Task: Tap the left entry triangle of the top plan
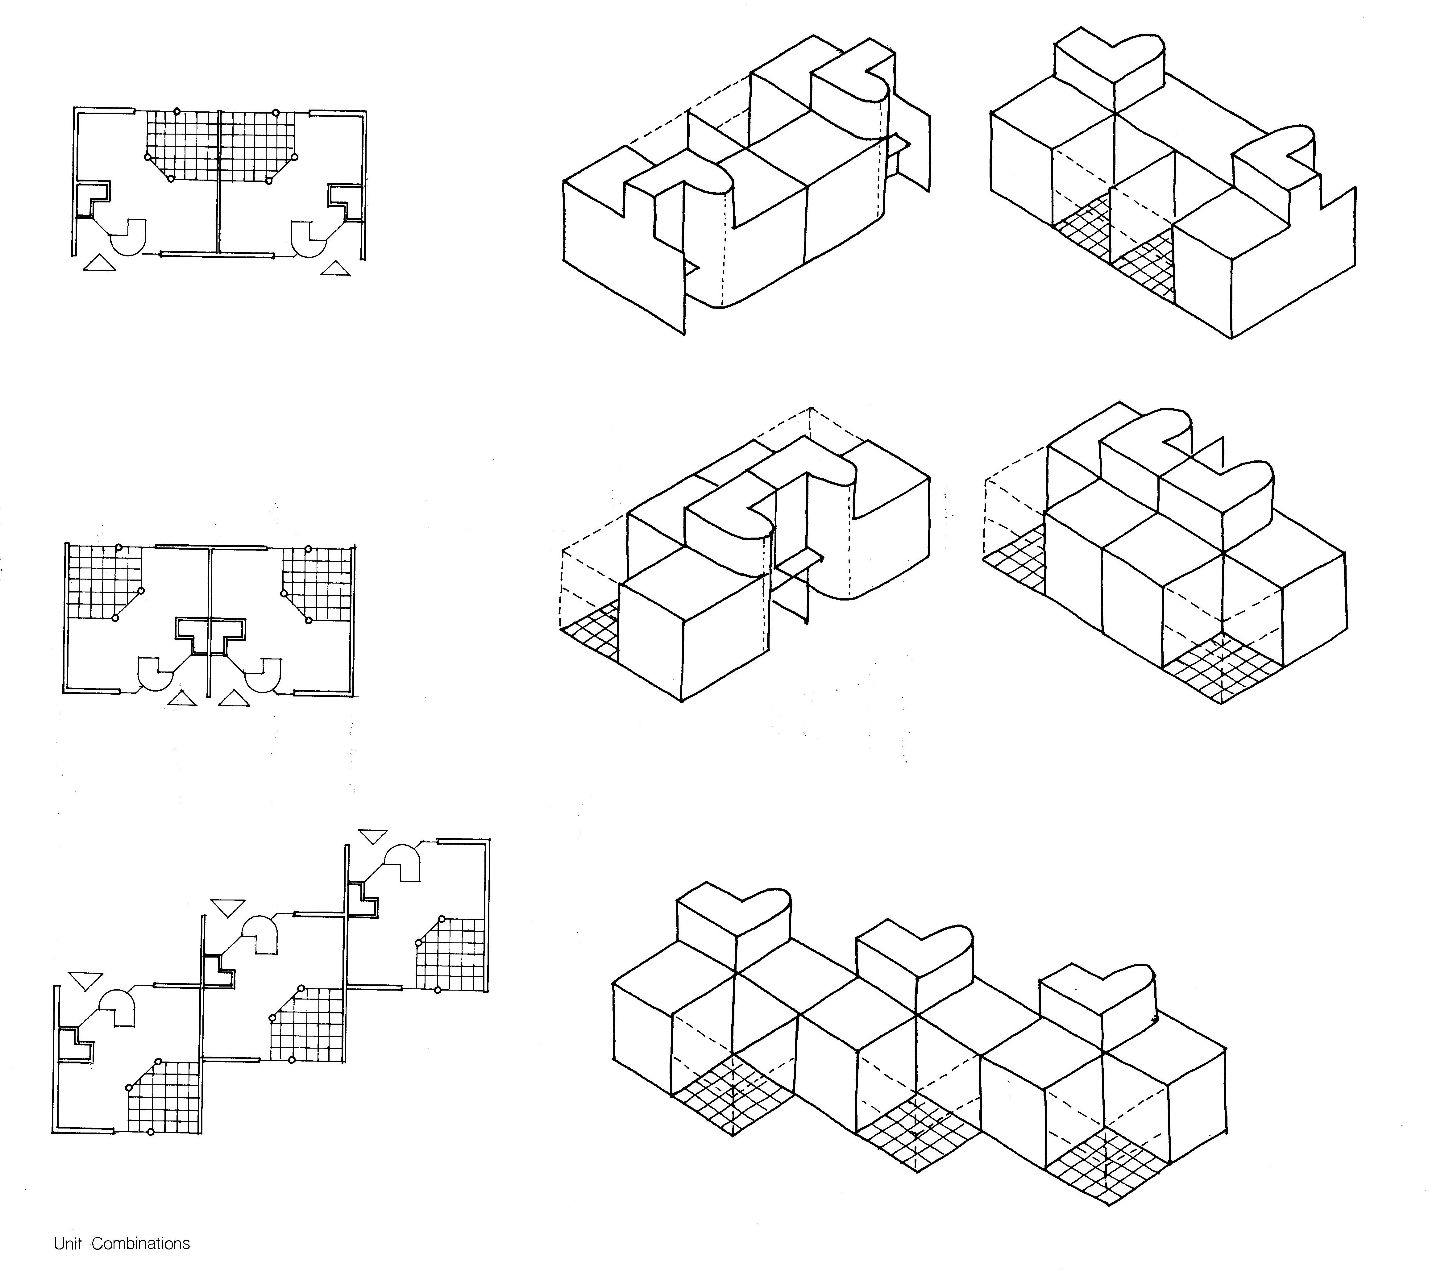tap(99, 264)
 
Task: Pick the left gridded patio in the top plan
tap(182, 145)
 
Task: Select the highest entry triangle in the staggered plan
tap(373, 836)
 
